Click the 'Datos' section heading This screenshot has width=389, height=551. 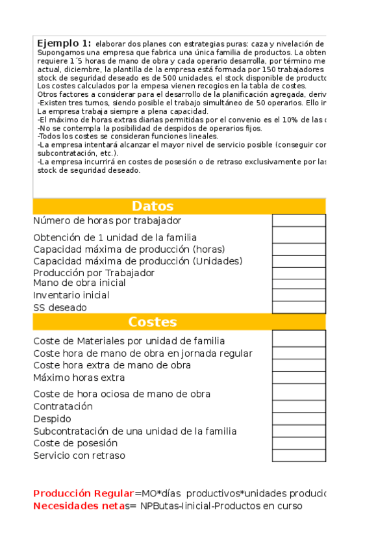(153, 206)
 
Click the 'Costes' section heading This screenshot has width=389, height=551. (153, 322)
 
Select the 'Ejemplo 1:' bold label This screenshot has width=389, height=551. (64, 42)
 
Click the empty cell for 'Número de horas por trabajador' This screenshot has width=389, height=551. (298, 220)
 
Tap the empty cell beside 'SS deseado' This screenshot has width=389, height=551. (298, 307)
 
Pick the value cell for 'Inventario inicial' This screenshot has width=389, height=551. (298, 295)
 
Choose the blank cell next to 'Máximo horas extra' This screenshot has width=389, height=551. (298, 378)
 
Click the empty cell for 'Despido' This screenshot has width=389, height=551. (298, 419)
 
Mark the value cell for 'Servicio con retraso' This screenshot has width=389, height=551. (298, 455)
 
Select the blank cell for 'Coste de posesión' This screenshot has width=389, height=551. (298, 443)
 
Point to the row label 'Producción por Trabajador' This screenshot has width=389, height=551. (94, 273)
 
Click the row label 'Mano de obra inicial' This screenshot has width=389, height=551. (79, 283)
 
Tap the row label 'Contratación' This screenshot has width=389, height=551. (63, 407)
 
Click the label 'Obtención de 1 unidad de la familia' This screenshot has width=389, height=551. (115, 238)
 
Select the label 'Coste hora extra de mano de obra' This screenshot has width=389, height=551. (112, 365)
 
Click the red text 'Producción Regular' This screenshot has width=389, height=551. (83, 494)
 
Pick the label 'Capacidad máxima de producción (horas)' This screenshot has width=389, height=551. (129, 250)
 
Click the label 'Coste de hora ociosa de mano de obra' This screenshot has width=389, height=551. (121, 394)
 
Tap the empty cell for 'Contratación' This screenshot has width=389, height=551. (298, 407)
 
